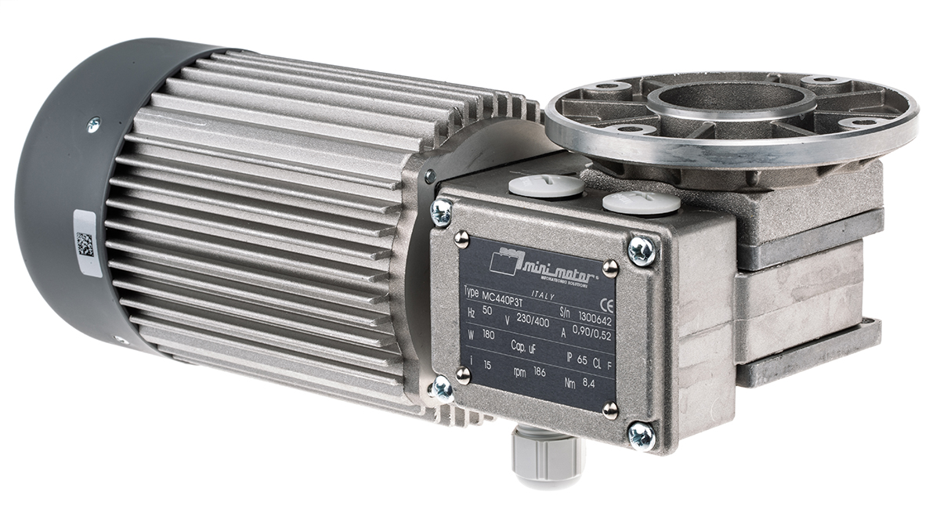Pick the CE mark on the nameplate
606,304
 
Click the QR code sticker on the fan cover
85,244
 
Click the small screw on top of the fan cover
93,123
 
